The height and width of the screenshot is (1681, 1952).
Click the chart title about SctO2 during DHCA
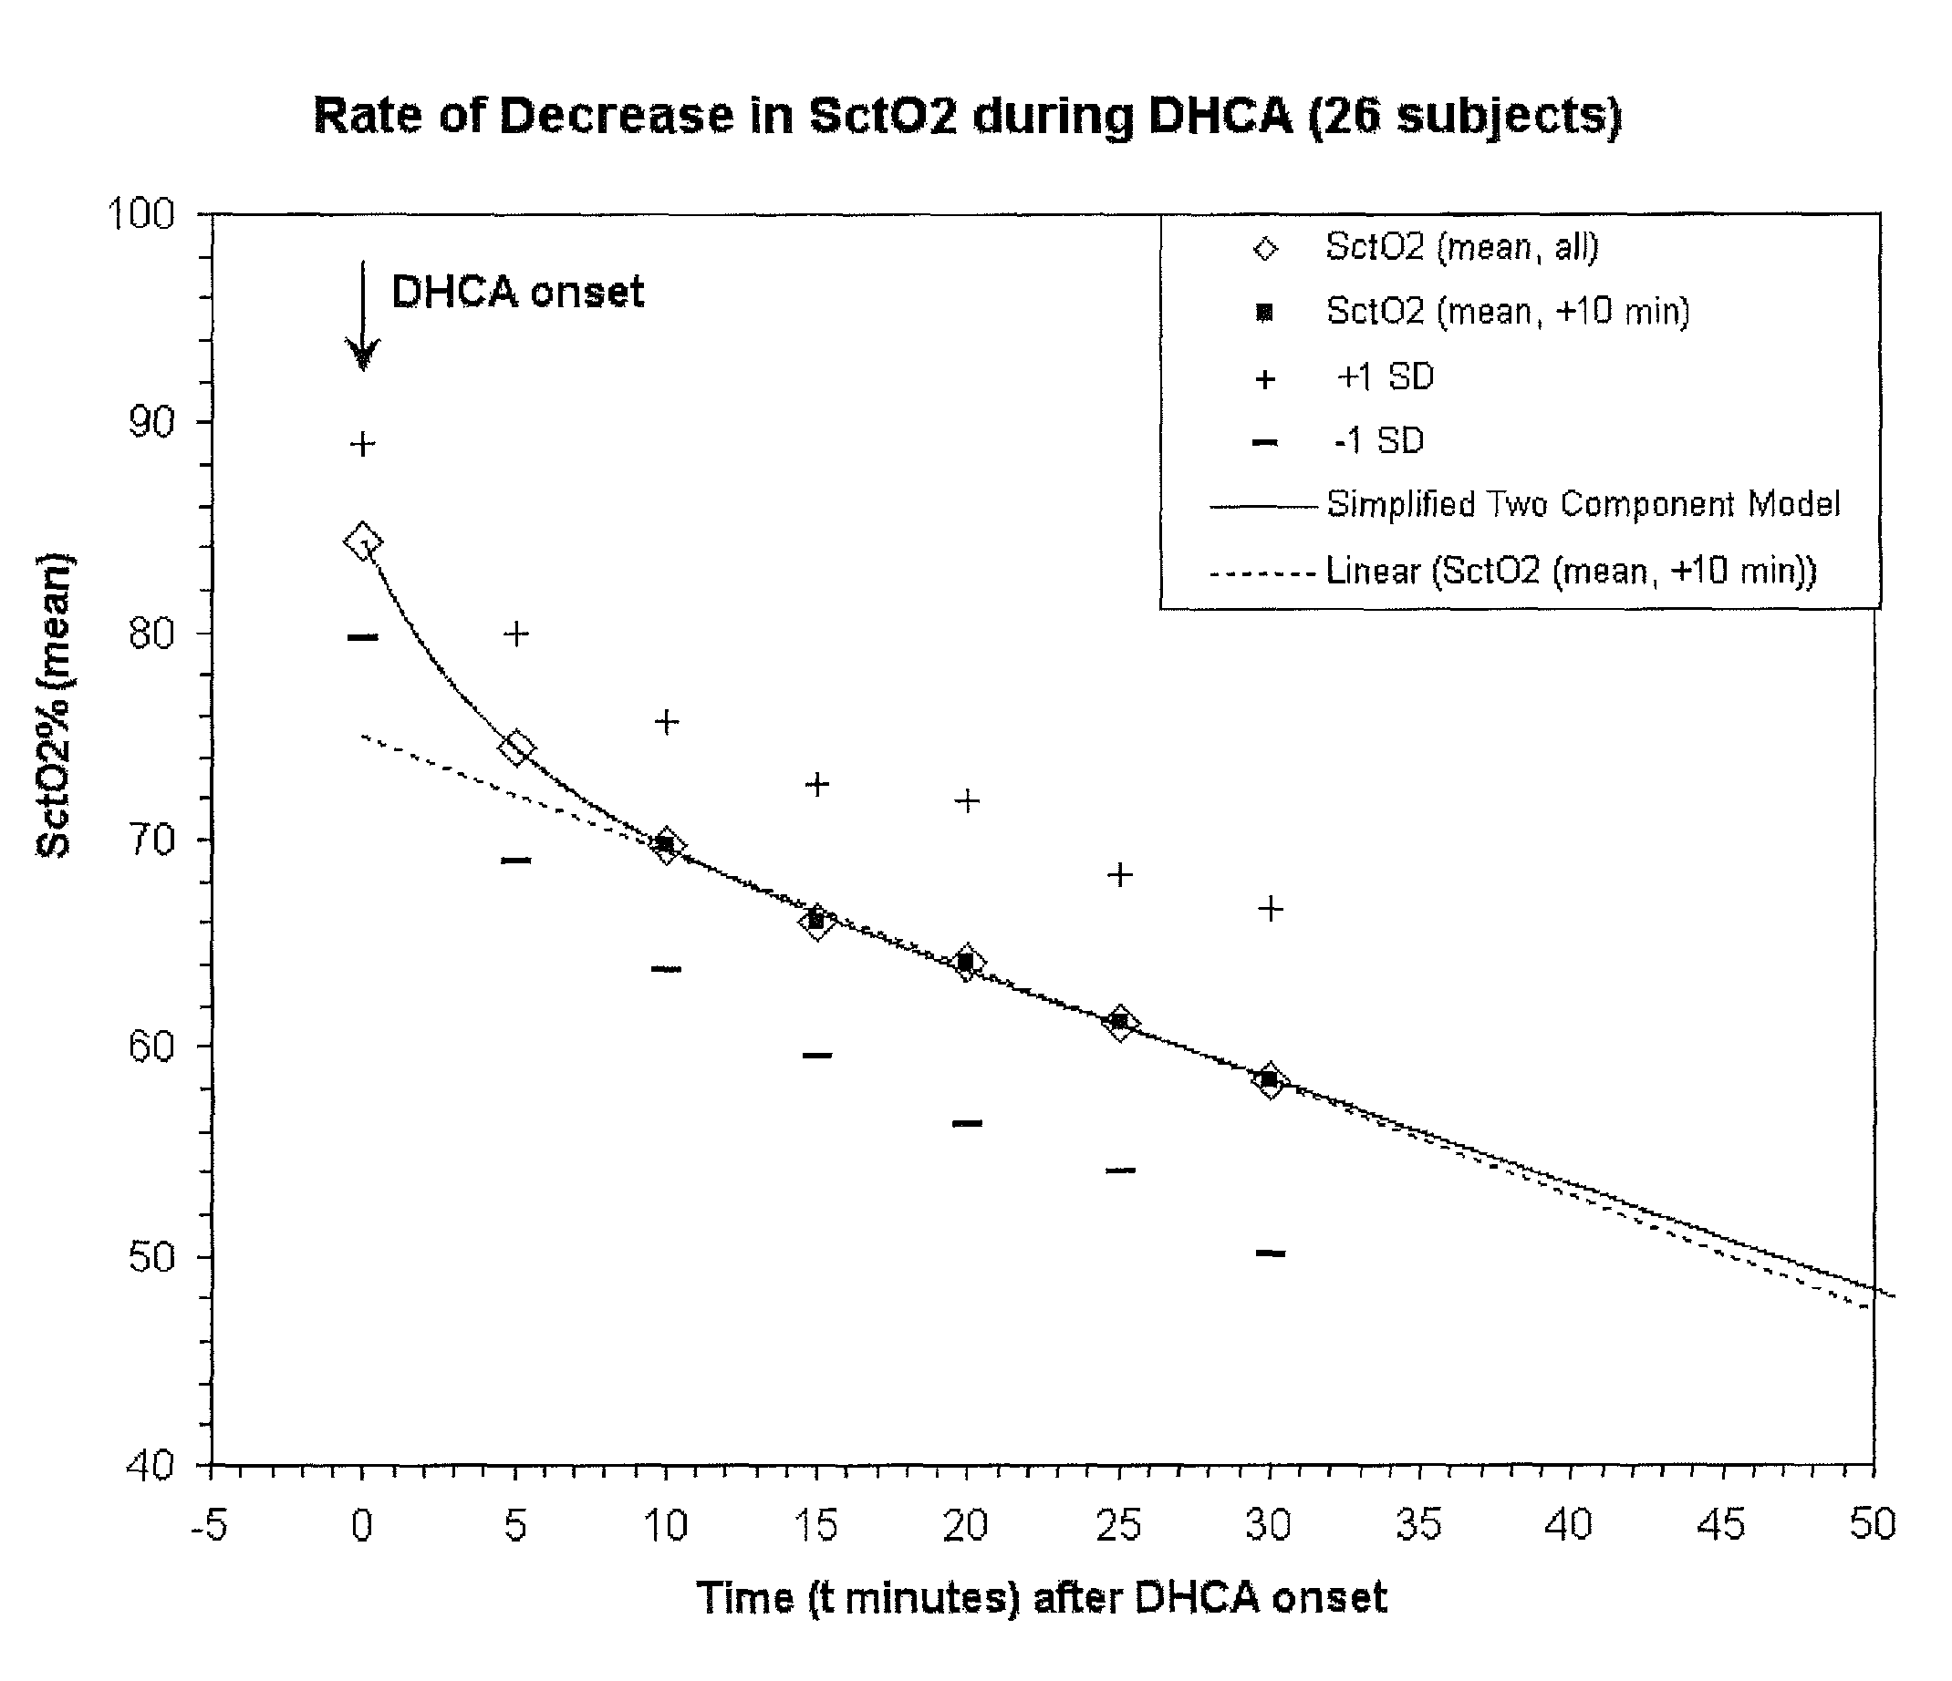pos(968,117)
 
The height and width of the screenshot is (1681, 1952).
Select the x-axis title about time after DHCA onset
pos(1041,1598)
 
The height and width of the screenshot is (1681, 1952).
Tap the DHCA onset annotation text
pos(517,292)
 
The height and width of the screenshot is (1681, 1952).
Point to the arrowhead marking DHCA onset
pos(363,355)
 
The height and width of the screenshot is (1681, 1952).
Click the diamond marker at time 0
pos(363,541)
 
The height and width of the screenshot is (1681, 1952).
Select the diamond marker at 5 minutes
pos(515,748)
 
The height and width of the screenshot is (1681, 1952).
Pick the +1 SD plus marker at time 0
pos(363,445)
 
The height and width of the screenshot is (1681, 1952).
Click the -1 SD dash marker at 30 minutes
pos(1270,1253)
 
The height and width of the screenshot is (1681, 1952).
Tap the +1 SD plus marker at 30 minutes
pos(1270,909)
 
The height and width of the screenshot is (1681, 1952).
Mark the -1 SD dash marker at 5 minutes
pos(515,860)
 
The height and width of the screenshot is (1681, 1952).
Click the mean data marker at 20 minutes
pos(967,964)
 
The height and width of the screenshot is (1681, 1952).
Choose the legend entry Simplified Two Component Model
pos(1524,505)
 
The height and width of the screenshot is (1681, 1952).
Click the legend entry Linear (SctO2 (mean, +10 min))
pos(1513,571)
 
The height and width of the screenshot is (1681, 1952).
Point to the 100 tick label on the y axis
pos(140,215)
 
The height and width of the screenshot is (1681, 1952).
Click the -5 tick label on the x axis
pos(209,1525)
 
